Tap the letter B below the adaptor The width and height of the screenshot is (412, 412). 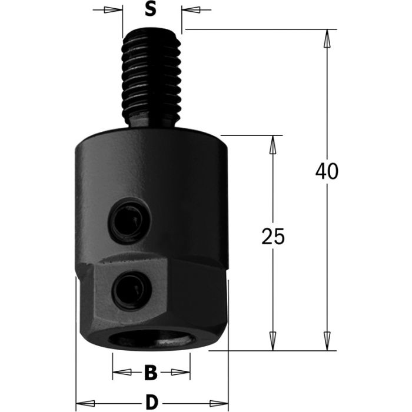pyautogui.click(x=151, y=372)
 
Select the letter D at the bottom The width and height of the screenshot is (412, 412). pyautogui.click(x=152, y=403)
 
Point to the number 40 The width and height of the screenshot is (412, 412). pyautogui.click(x=327, y=171)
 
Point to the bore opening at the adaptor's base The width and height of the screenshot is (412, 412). pyautogui.click(x=151, y=341)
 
